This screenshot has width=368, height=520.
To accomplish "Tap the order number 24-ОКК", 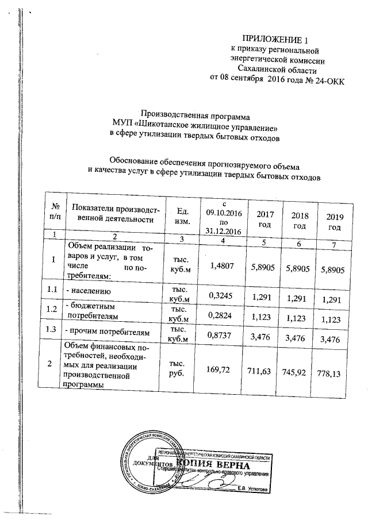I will click(x=326, y=79).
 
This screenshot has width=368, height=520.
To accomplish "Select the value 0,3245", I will click(x=221, y=297).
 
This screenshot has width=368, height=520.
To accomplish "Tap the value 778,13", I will click(x=333, y=375).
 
